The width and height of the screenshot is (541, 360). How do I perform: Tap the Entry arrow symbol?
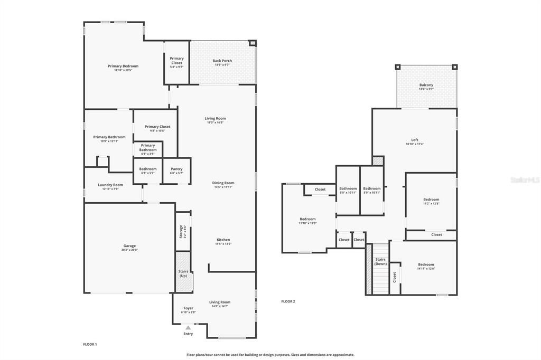(x=188, y=328)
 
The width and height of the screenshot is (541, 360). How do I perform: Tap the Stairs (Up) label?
(x=183, y=273)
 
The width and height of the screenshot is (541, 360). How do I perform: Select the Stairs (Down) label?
(x=380, y=261)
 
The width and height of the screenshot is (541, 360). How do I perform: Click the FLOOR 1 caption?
(x=90, y=344)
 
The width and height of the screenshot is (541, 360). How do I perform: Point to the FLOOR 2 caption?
(x=288, y=301)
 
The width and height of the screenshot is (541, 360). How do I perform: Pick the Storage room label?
(x=181, y=231)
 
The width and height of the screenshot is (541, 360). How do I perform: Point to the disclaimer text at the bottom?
(x=270, y=355)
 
